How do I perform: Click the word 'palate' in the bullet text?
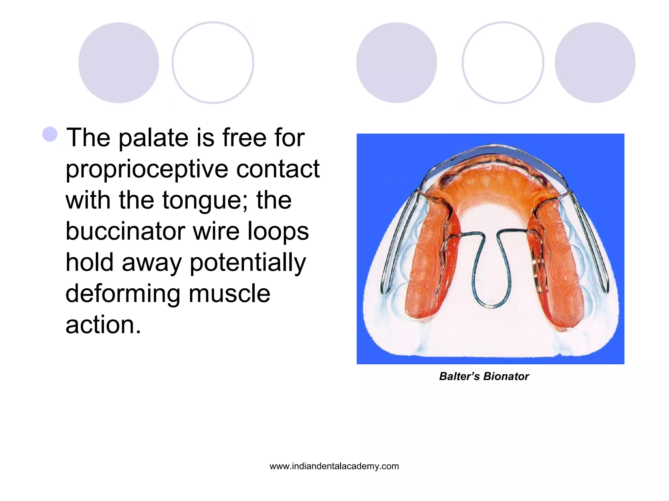coord(154,138)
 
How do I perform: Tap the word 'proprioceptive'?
coord(147,170)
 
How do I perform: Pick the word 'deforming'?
coord(122,294)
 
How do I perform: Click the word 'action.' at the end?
coord(103,325)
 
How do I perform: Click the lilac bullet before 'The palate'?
coord(50,134)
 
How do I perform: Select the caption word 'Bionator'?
coord(506,376)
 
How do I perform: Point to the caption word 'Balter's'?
coord(459,376)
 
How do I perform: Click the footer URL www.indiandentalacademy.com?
coord(334,466)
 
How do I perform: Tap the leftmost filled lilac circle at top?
coord(119,63)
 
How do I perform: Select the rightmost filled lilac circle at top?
coord(595,63)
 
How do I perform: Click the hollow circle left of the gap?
coord(213,63)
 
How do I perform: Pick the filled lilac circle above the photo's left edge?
coord(396,63)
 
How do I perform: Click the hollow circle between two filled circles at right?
coord(503,63)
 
